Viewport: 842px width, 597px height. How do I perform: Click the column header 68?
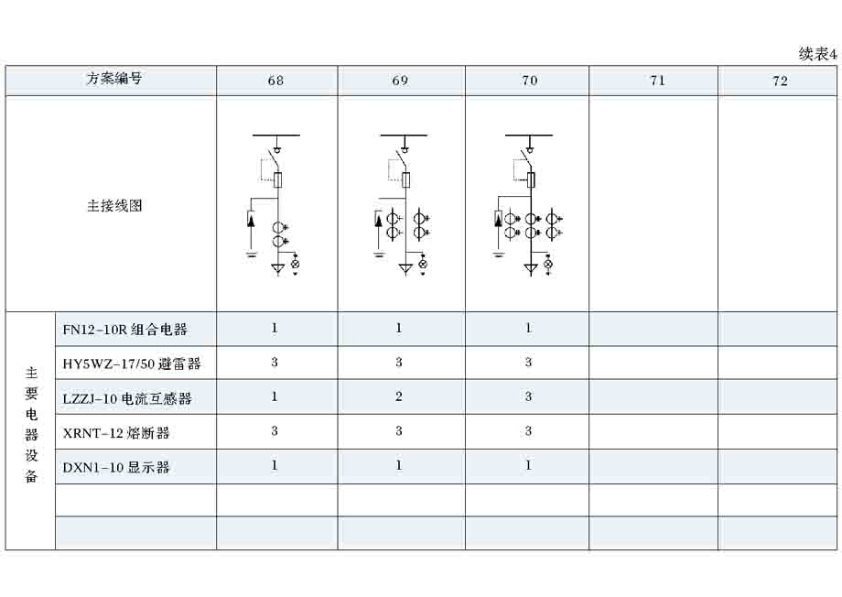(275, 81)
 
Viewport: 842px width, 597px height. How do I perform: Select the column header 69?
(400, 81)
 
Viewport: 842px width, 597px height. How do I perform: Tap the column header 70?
(530, 81)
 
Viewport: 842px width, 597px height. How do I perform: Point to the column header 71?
(658, 81)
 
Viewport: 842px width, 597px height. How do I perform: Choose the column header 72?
(781, 81)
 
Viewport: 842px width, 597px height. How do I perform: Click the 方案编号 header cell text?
(114, 79)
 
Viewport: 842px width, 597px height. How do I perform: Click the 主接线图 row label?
(114, 205)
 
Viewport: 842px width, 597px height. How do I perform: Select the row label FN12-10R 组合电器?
(124, 330)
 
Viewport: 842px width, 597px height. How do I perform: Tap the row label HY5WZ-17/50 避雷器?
(132, 364)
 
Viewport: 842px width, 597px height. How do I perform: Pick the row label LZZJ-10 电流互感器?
(126, 398)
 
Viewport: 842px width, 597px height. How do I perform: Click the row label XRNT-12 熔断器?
(116, 432)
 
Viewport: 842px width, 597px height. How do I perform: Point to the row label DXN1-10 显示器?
(116, 467)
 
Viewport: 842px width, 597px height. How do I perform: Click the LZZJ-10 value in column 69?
(398, 396)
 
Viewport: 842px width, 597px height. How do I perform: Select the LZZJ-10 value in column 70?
(528, 396)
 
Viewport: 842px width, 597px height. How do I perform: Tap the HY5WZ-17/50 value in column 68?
(275, 363)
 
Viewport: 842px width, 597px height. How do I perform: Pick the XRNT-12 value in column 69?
(398, 431)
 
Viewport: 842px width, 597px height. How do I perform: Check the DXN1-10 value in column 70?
(528, 465)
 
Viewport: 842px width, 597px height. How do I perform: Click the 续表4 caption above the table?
(817, 54)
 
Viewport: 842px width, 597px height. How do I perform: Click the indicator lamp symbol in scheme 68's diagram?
(295, 264)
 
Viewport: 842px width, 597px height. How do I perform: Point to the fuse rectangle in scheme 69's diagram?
(406, 180)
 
